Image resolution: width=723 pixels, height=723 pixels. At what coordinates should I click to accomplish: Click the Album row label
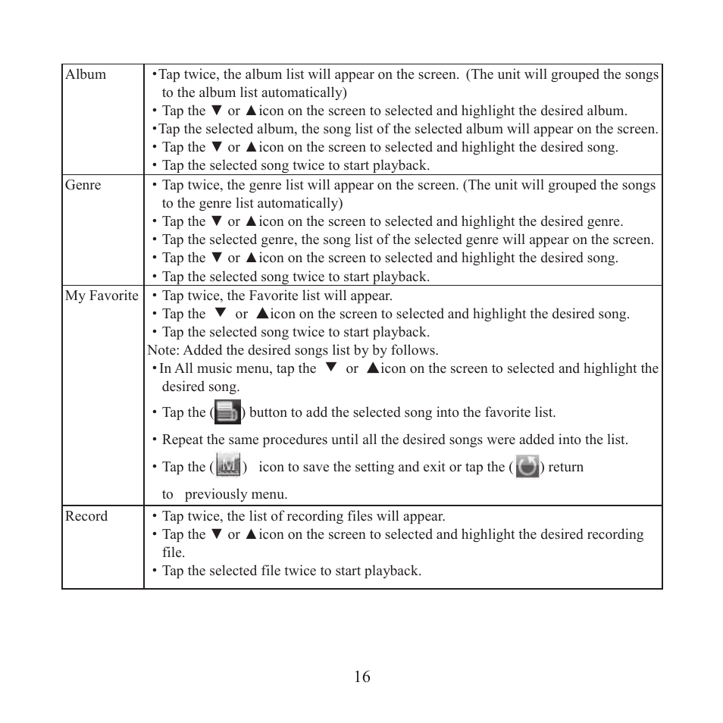(x=86, y=74)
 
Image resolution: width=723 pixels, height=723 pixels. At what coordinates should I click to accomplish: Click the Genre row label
(x=83, y=185)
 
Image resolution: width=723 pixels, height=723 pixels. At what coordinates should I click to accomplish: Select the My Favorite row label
(x=102, y=296)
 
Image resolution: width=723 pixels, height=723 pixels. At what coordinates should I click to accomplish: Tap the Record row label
(x=86, y=516)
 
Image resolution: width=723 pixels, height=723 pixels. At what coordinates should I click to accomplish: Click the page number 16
(x=361, y=677)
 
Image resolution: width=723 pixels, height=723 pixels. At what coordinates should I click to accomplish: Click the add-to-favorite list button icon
(x=227, y=412)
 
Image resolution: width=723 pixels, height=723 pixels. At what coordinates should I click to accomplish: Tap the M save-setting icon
(x=228, y=465)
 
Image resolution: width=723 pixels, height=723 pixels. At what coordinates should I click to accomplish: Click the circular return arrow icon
(x=527, y=466)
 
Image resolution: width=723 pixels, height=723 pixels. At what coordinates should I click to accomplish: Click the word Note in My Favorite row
(x=162, y=350)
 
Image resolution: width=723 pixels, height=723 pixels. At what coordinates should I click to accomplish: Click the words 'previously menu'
(x=236, y=494)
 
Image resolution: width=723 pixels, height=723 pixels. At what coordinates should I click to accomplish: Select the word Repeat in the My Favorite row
(x=184, y=440)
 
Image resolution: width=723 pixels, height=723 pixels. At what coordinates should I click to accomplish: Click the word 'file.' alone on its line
(x=174, y=552)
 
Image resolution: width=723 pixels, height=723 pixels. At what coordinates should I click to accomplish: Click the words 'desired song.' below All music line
(x=201, y=387)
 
